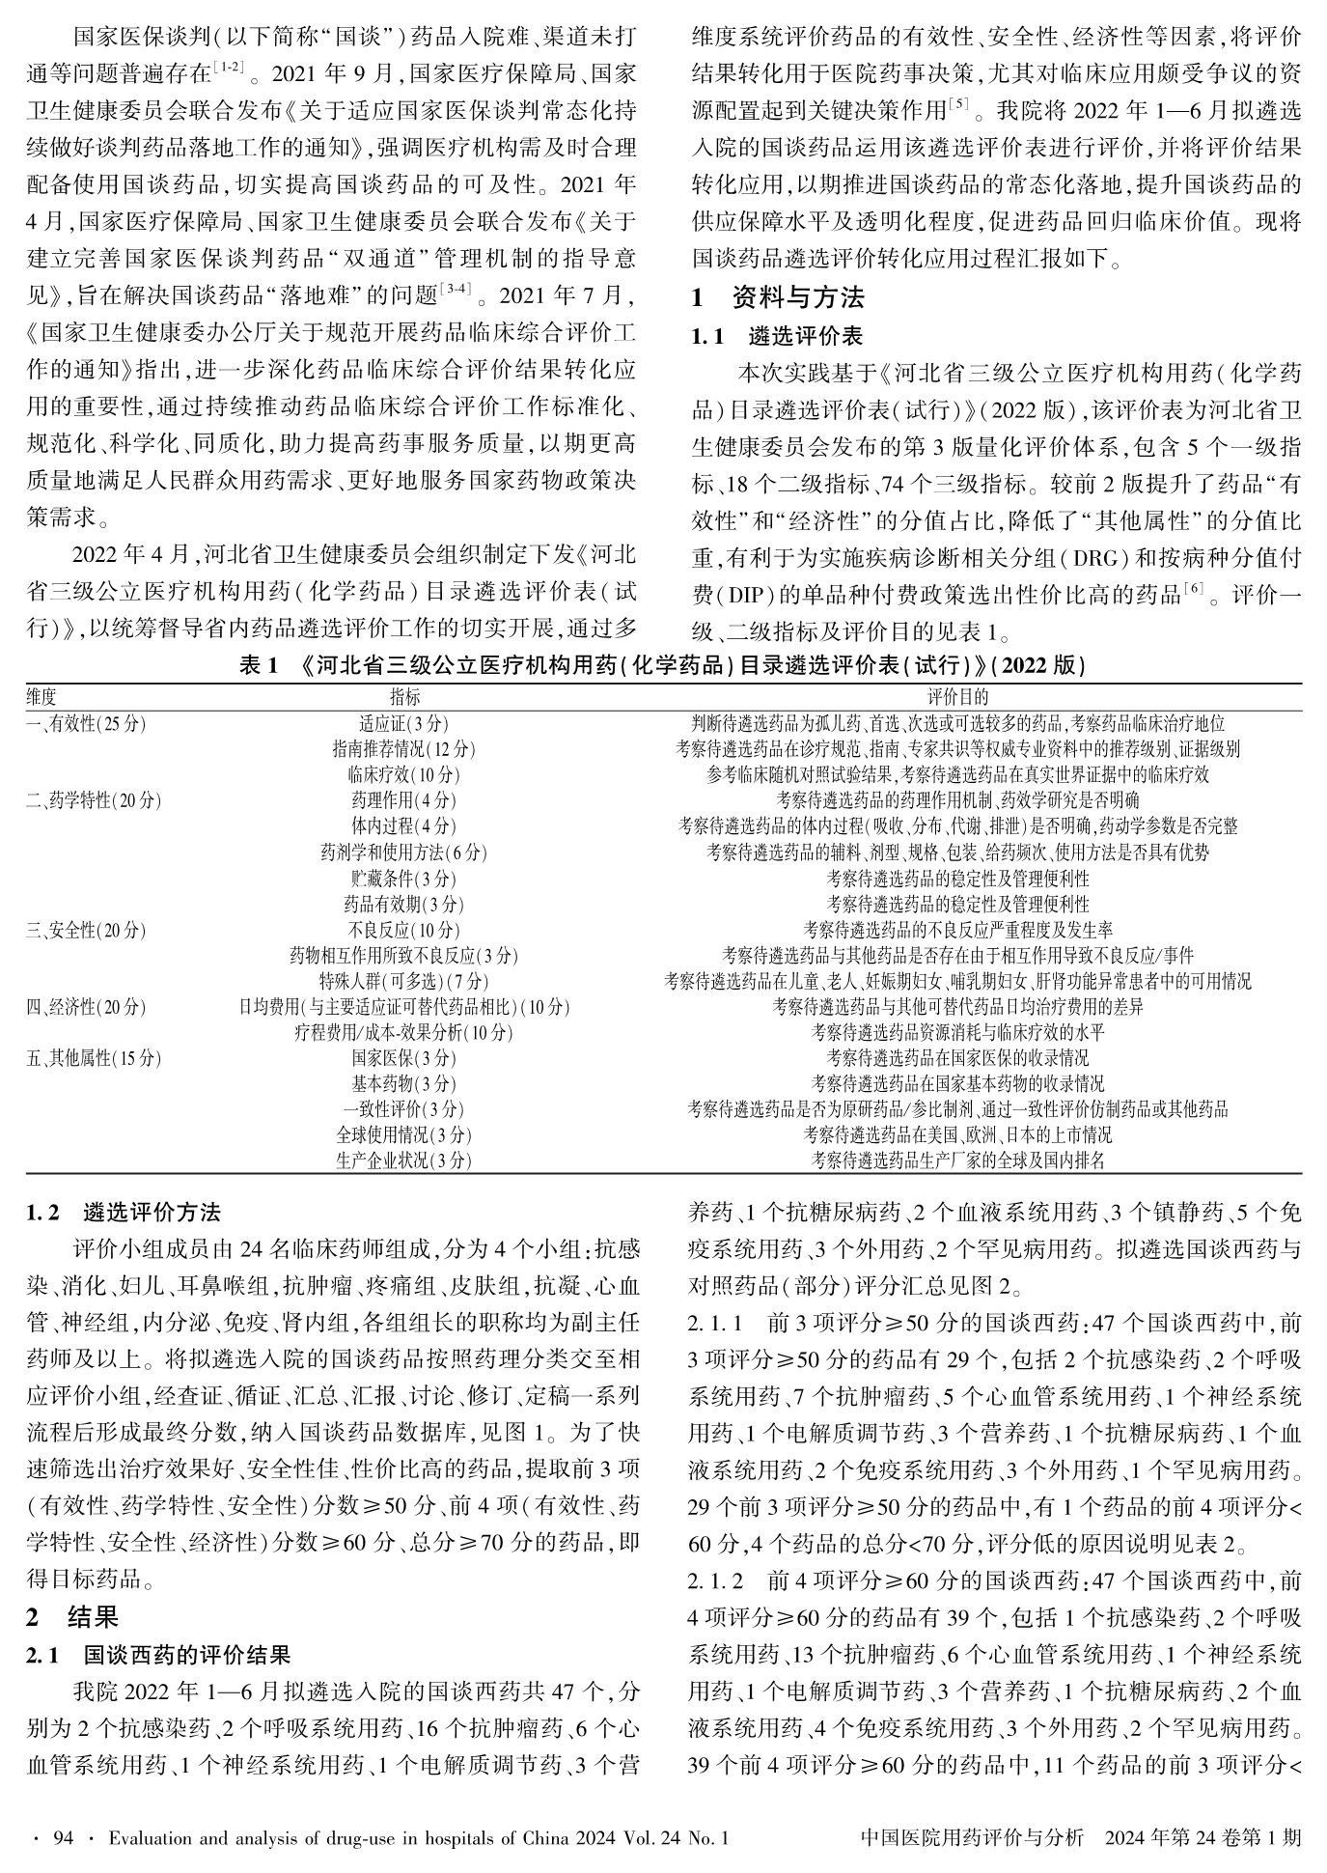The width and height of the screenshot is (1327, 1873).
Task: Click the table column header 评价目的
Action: click(x=957, y=696)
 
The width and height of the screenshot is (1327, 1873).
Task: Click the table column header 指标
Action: click(x=404, y=696)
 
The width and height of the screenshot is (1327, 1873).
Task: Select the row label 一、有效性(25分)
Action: click(x=86, y=722)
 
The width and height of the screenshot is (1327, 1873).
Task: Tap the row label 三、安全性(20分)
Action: click(x=86, y=930)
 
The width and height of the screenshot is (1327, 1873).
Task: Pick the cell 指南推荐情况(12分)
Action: click(x=403, y=748)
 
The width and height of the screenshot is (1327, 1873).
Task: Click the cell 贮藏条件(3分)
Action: click(x=403, y=879)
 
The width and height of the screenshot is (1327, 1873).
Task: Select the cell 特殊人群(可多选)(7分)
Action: click(x=403, y=982)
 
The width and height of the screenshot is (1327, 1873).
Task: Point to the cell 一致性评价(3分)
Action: click(x=403, y=1109)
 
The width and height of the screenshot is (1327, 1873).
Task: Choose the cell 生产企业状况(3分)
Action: click(x=403, y=1160)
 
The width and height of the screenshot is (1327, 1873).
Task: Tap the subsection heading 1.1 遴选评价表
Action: click(x=777, y=337)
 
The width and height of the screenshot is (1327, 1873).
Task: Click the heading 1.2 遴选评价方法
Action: click(x=124, y=1212)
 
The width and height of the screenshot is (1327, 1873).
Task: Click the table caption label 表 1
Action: click(x=258, y=666)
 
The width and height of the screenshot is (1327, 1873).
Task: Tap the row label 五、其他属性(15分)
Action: click(x=94, y=1058)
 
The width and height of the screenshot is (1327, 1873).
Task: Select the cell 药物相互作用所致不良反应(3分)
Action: click(x=403, y=956)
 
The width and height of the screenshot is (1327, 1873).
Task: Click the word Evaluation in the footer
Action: click(x=149, y=1838)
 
